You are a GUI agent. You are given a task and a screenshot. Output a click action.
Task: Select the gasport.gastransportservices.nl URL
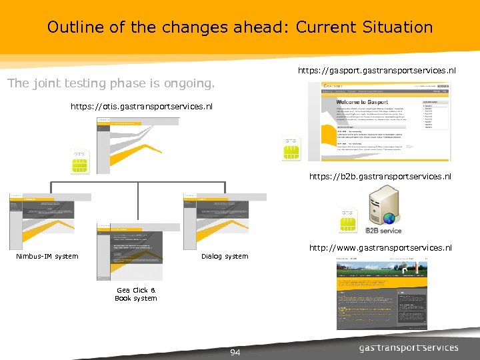376,70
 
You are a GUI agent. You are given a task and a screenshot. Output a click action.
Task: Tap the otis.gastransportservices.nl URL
141,106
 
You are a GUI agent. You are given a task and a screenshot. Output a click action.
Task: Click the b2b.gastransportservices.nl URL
379,177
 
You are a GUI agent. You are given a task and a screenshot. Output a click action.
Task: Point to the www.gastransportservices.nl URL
381,248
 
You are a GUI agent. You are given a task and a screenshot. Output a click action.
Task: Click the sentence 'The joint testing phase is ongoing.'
111,84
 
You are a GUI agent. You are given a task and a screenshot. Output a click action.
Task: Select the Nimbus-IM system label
47,256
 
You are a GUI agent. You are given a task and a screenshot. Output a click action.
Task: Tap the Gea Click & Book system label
136,294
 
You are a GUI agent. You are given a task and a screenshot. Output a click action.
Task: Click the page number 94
235,351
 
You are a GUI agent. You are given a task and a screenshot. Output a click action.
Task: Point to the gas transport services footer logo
409,347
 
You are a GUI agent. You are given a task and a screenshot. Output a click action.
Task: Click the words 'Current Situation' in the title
364,27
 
